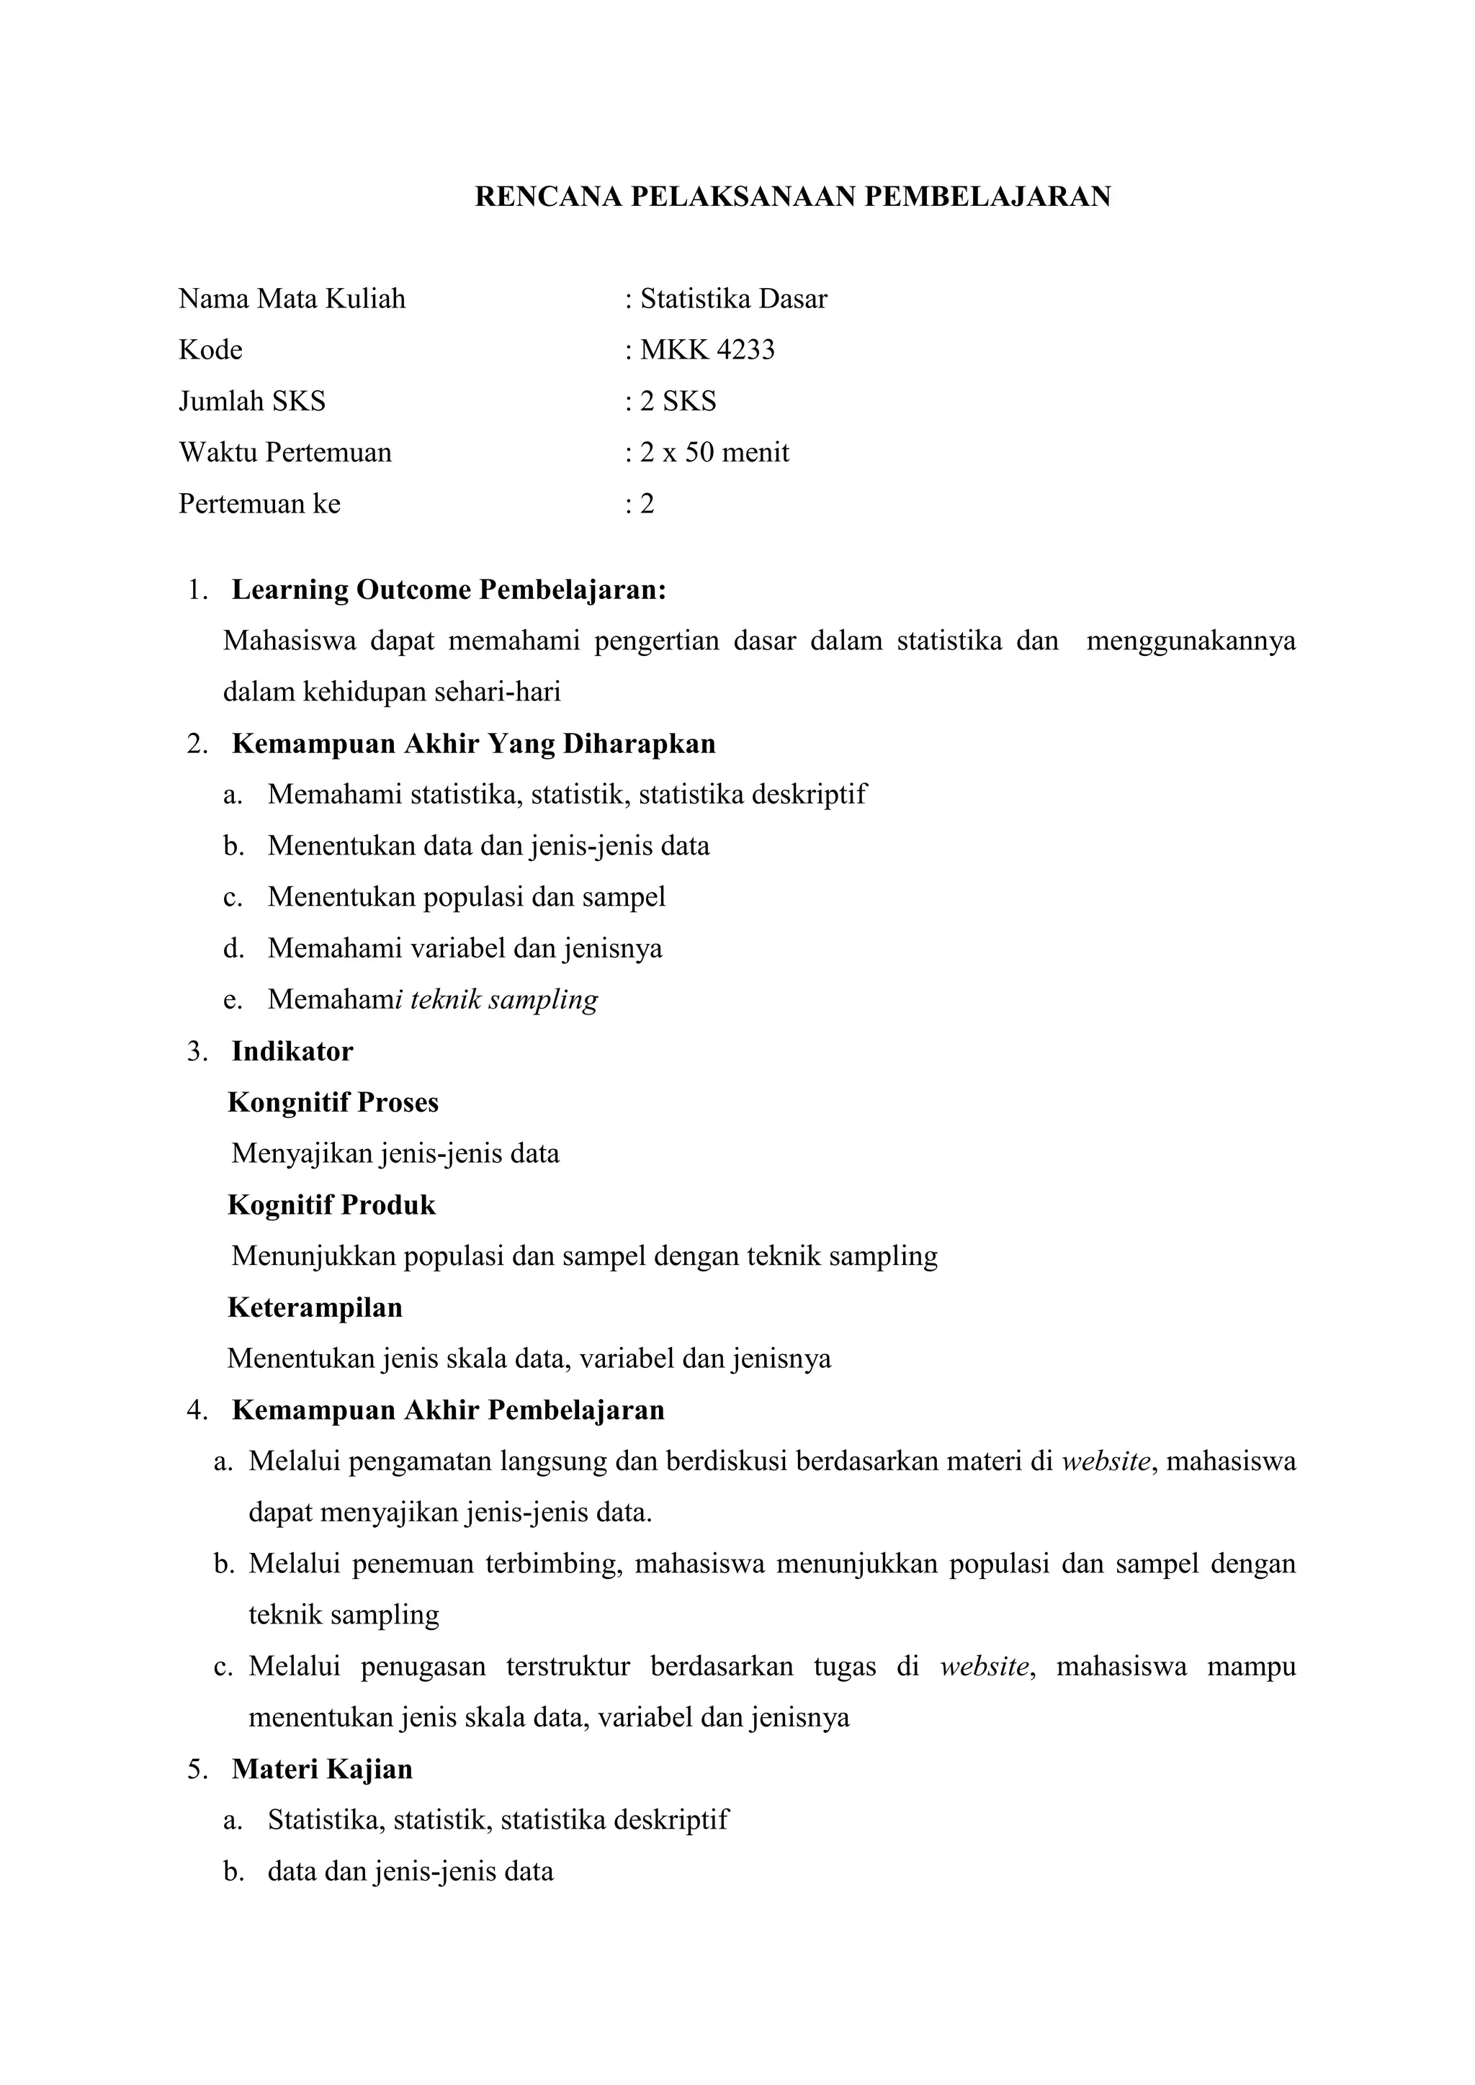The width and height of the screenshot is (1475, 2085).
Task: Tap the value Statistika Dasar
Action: [x=733, y=299]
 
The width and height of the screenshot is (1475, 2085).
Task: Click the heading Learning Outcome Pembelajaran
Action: [x=449, y=590]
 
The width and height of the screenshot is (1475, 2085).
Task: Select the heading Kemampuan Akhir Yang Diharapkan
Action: [x=473, y=744]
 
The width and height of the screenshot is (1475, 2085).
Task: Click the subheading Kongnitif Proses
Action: [x=333, y=1102]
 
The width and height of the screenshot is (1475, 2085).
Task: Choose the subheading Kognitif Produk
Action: [x=331, y=1205]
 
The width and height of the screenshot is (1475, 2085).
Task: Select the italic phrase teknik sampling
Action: [x=504, y=1000]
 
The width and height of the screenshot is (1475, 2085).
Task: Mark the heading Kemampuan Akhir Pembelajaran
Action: [x=448, y=1410]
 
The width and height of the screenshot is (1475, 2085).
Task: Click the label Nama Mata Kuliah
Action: [x=292, y=299]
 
